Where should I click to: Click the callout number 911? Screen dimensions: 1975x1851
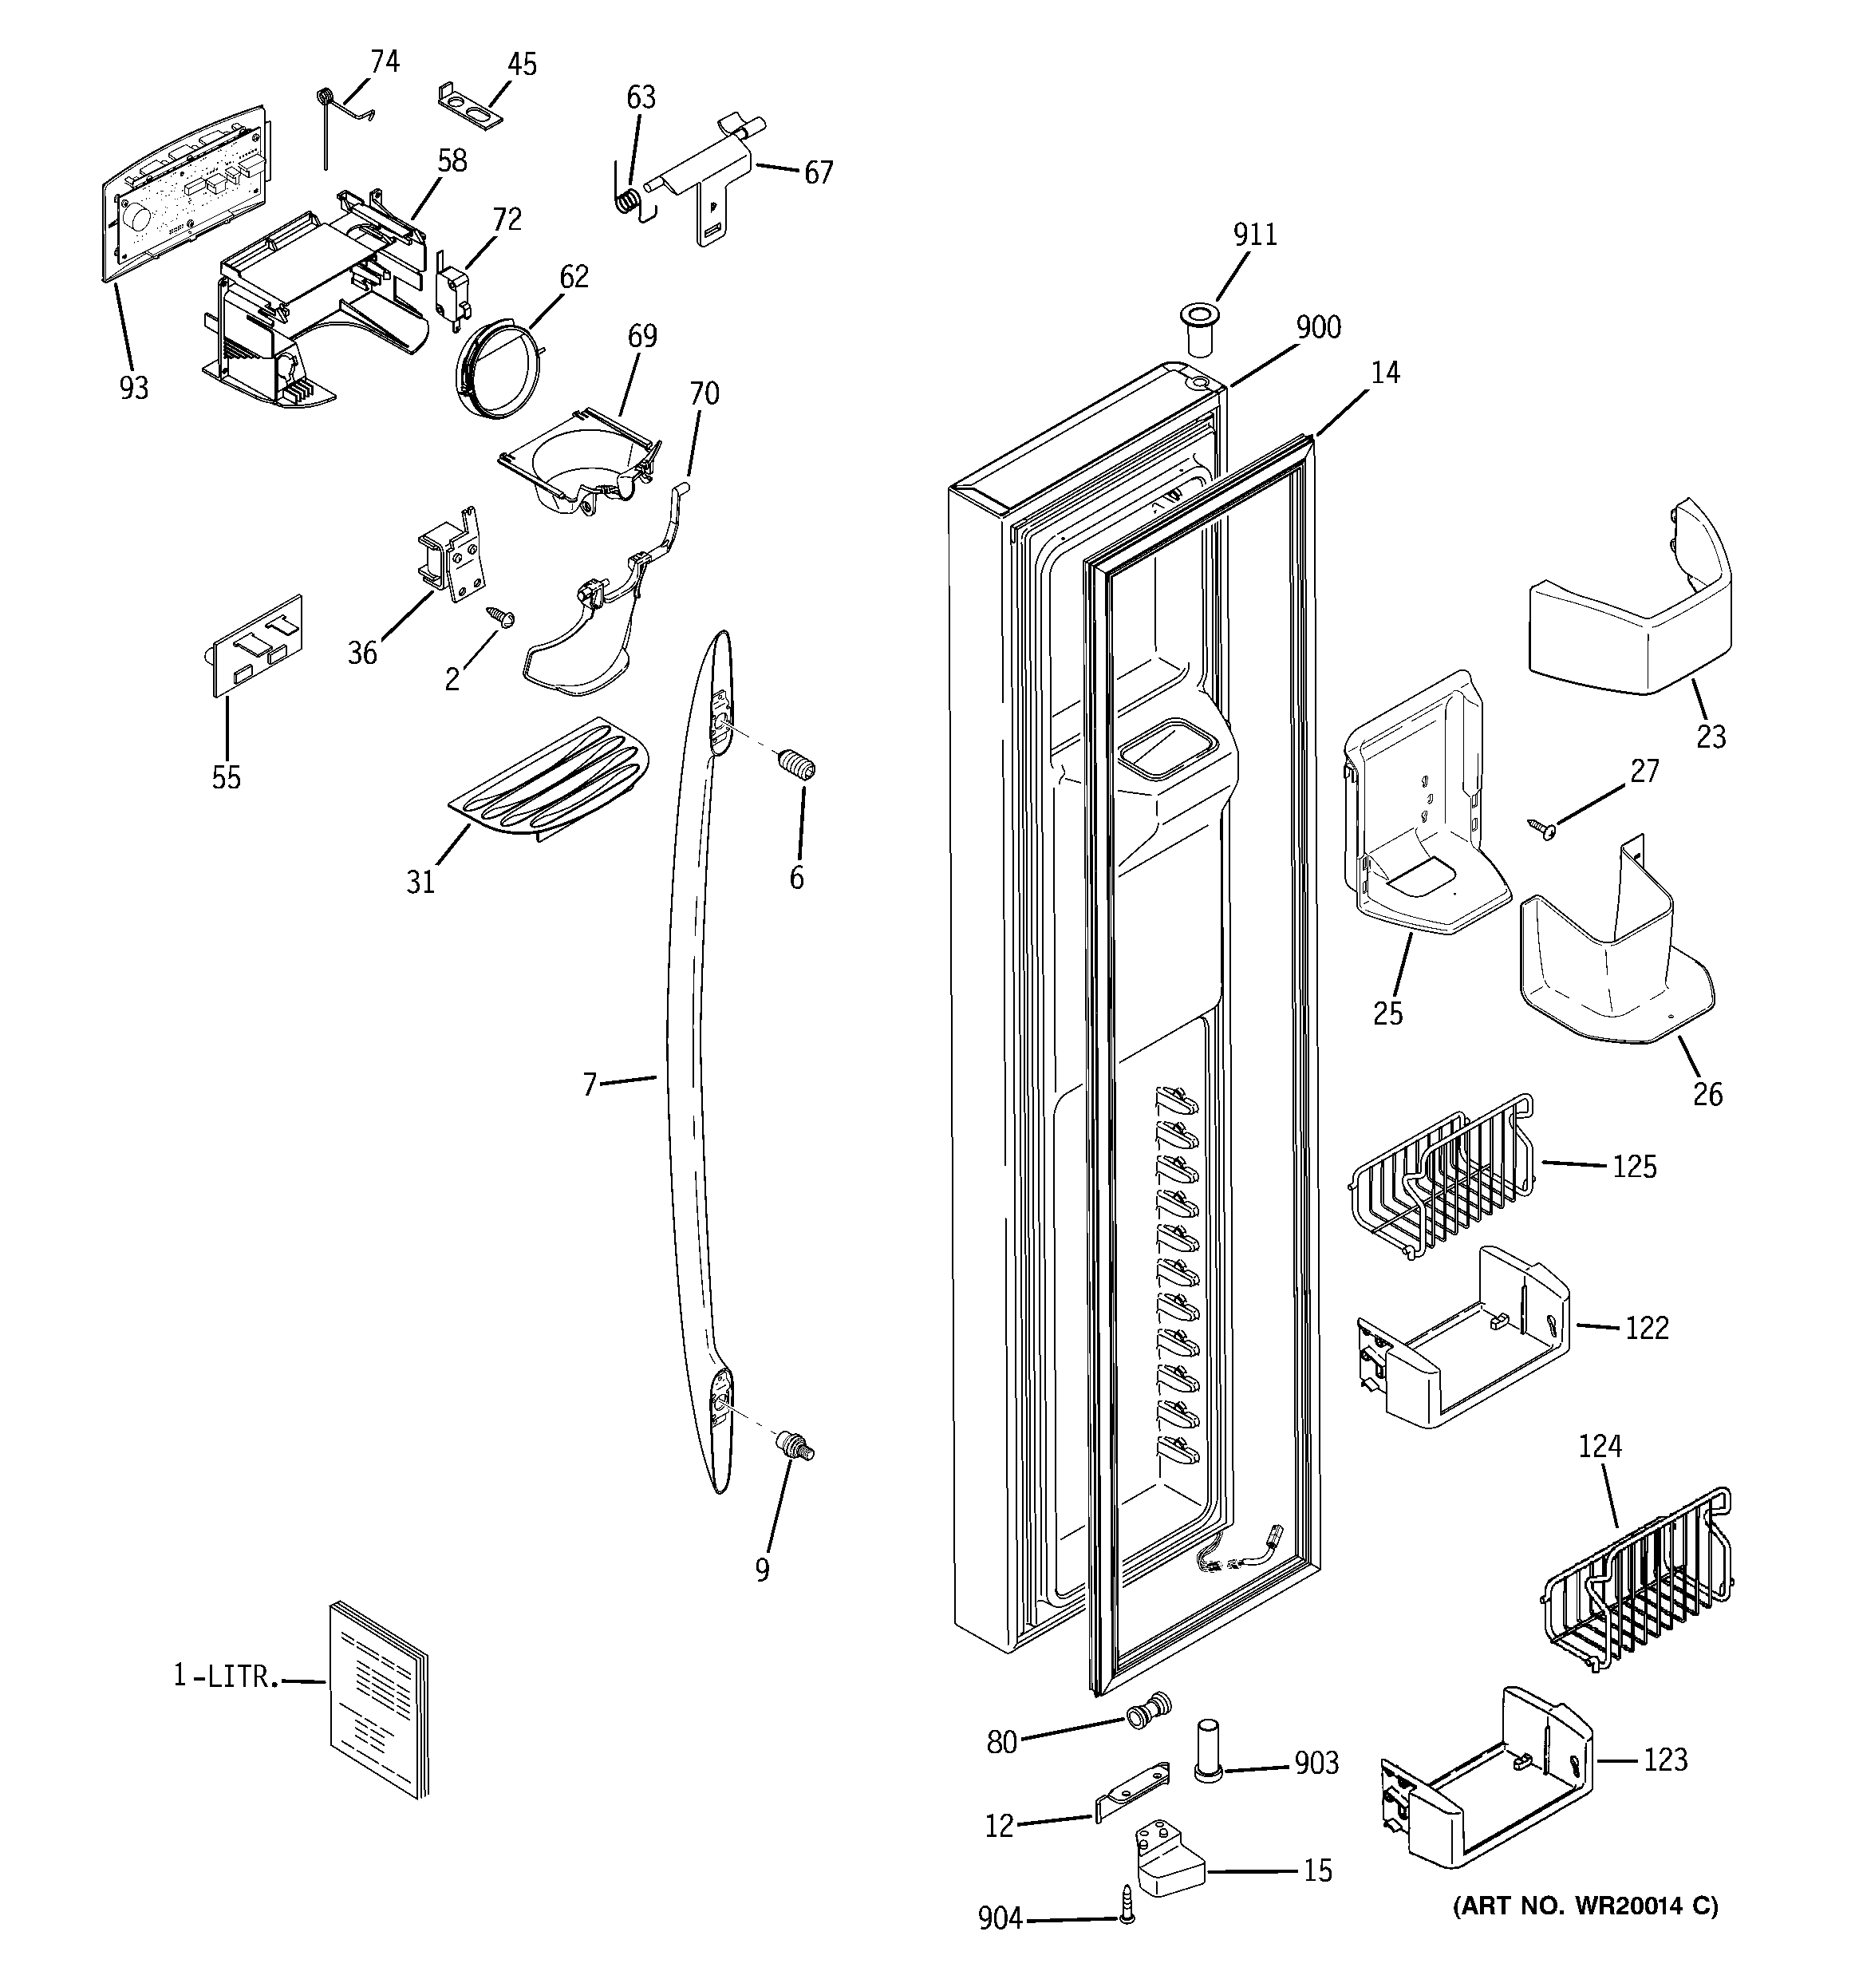(1255, 235)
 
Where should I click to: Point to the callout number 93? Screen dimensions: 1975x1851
(134, 388)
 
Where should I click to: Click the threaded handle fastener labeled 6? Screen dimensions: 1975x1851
(797, 767)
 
